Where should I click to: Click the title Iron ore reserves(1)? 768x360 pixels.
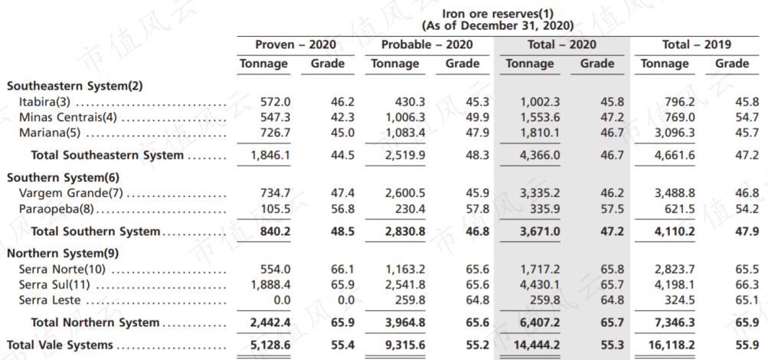point(498,14)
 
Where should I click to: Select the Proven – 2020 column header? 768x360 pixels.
point(296,44)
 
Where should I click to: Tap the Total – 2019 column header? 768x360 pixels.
point(697,44)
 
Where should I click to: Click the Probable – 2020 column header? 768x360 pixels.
point(427,44)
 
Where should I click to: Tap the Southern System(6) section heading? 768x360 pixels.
point(63,177)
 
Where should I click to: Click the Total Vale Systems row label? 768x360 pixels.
point(60,345)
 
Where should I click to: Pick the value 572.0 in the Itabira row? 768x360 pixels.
point(276,103)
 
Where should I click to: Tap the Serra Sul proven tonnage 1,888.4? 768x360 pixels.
point(270,285)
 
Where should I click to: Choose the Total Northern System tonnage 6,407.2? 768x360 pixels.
point(539,322)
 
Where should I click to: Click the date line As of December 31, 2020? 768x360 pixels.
point(498,25)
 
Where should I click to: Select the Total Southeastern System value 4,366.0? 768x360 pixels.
point(539,155)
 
